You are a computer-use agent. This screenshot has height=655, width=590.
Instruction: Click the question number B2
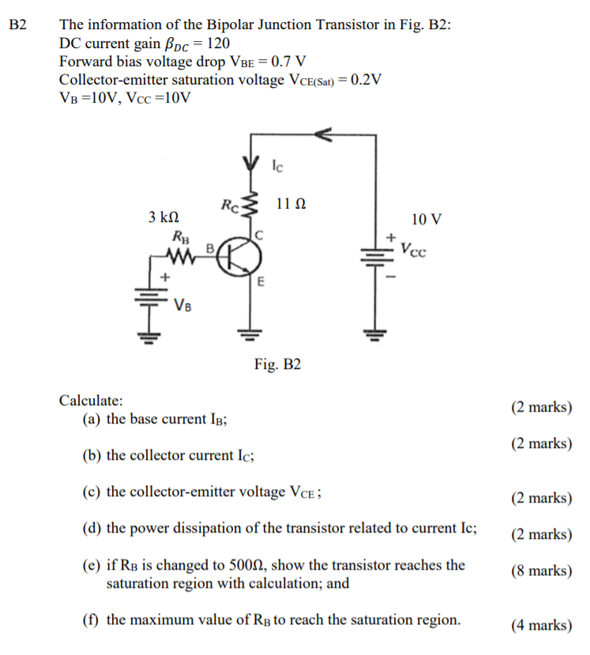(x=17, y=24)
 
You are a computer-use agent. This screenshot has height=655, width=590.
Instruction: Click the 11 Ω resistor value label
(x=291, y=205)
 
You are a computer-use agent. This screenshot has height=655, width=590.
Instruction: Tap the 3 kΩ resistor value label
(x=163, y=216)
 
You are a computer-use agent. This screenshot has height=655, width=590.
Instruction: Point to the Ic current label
(x=277, y=167)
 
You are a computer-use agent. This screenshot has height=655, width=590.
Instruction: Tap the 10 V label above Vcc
(x=427, y=218)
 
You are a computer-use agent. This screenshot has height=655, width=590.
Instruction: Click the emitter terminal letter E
(x=261, y=280)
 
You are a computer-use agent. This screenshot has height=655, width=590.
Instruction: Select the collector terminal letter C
(x=257, y=235)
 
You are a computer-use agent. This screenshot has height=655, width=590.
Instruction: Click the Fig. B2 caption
(x=277, y=365)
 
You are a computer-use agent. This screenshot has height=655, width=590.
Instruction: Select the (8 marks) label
(x=541, y=570)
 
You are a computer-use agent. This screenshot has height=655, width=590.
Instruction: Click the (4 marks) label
(x=541, y=626)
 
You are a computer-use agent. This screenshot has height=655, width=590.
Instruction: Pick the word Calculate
(x=91, y=401)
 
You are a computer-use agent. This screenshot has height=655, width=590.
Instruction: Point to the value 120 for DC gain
(x=217, y=43)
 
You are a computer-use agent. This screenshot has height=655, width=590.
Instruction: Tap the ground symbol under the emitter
(x=250, y=333)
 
